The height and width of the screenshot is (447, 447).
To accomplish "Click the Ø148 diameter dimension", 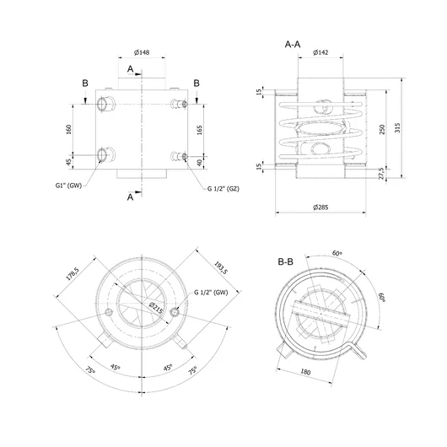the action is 142,52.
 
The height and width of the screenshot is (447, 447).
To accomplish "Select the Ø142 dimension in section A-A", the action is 320,52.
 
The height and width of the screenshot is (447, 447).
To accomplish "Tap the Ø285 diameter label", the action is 320,207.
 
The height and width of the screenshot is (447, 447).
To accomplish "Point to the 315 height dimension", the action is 397,127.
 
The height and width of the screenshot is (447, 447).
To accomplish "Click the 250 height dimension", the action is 382,129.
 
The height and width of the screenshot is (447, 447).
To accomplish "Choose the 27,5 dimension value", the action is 382,174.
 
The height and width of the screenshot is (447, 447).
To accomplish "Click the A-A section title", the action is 293,45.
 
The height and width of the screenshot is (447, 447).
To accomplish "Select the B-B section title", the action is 285,261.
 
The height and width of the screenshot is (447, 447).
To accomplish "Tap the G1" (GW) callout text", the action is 68,186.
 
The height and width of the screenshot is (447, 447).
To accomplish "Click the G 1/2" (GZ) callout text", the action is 223,189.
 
